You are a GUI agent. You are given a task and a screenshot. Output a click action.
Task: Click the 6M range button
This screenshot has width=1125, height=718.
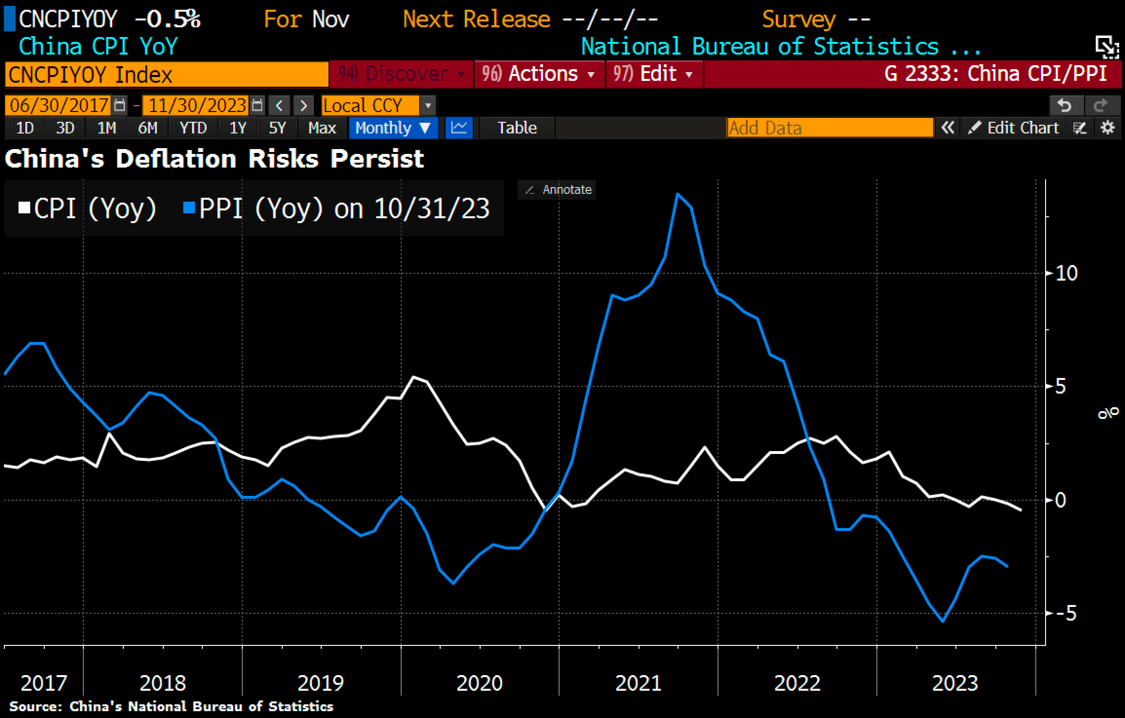pyautogui.click(x=148, y=128)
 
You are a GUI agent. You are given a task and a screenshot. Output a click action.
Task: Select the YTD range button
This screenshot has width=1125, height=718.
pyautogui.click(x=193, y=128)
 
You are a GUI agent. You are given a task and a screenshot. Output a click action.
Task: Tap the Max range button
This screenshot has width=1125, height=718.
pyautogui.click(x=322, y=128)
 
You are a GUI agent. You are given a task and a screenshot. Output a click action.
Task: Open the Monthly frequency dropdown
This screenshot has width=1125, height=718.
pyautogui.click(x=393, y=128)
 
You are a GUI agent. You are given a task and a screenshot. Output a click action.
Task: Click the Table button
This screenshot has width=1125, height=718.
pyautogui.click(x=517, y=128)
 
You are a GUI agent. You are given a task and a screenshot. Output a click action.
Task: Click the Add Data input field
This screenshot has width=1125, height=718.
pyautogui.click(x=829, y=128)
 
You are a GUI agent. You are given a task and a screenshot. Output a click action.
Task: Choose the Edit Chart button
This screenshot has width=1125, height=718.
pyautogui.click(x=1014, y=128)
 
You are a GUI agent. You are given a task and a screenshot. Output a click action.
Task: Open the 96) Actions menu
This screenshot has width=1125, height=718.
pyautogui.click(x=539, y=74)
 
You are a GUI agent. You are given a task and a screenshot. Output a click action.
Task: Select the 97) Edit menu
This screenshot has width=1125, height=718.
pyautogui.click(x=654, y=74)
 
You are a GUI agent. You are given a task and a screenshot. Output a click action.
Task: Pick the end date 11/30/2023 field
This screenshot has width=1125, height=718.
pyautogui.click(x=197, y=105)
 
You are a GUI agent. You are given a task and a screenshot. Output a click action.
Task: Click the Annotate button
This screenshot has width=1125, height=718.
pyautogui.click(x=557, y=189)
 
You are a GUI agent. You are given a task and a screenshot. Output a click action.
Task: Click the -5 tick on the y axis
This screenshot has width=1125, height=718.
pyautogui.click(x=1065, y=613)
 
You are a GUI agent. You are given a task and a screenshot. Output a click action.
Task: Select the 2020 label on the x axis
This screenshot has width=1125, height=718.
pyautogui.click(x=479, y=683)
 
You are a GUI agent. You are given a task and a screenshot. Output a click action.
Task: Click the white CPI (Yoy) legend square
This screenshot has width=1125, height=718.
pyautogui.click(x=24, y=208)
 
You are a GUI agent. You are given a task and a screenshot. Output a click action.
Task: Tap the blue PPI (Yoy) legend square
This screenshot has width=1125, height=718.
pyautogui.click(x=189, y=208)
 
